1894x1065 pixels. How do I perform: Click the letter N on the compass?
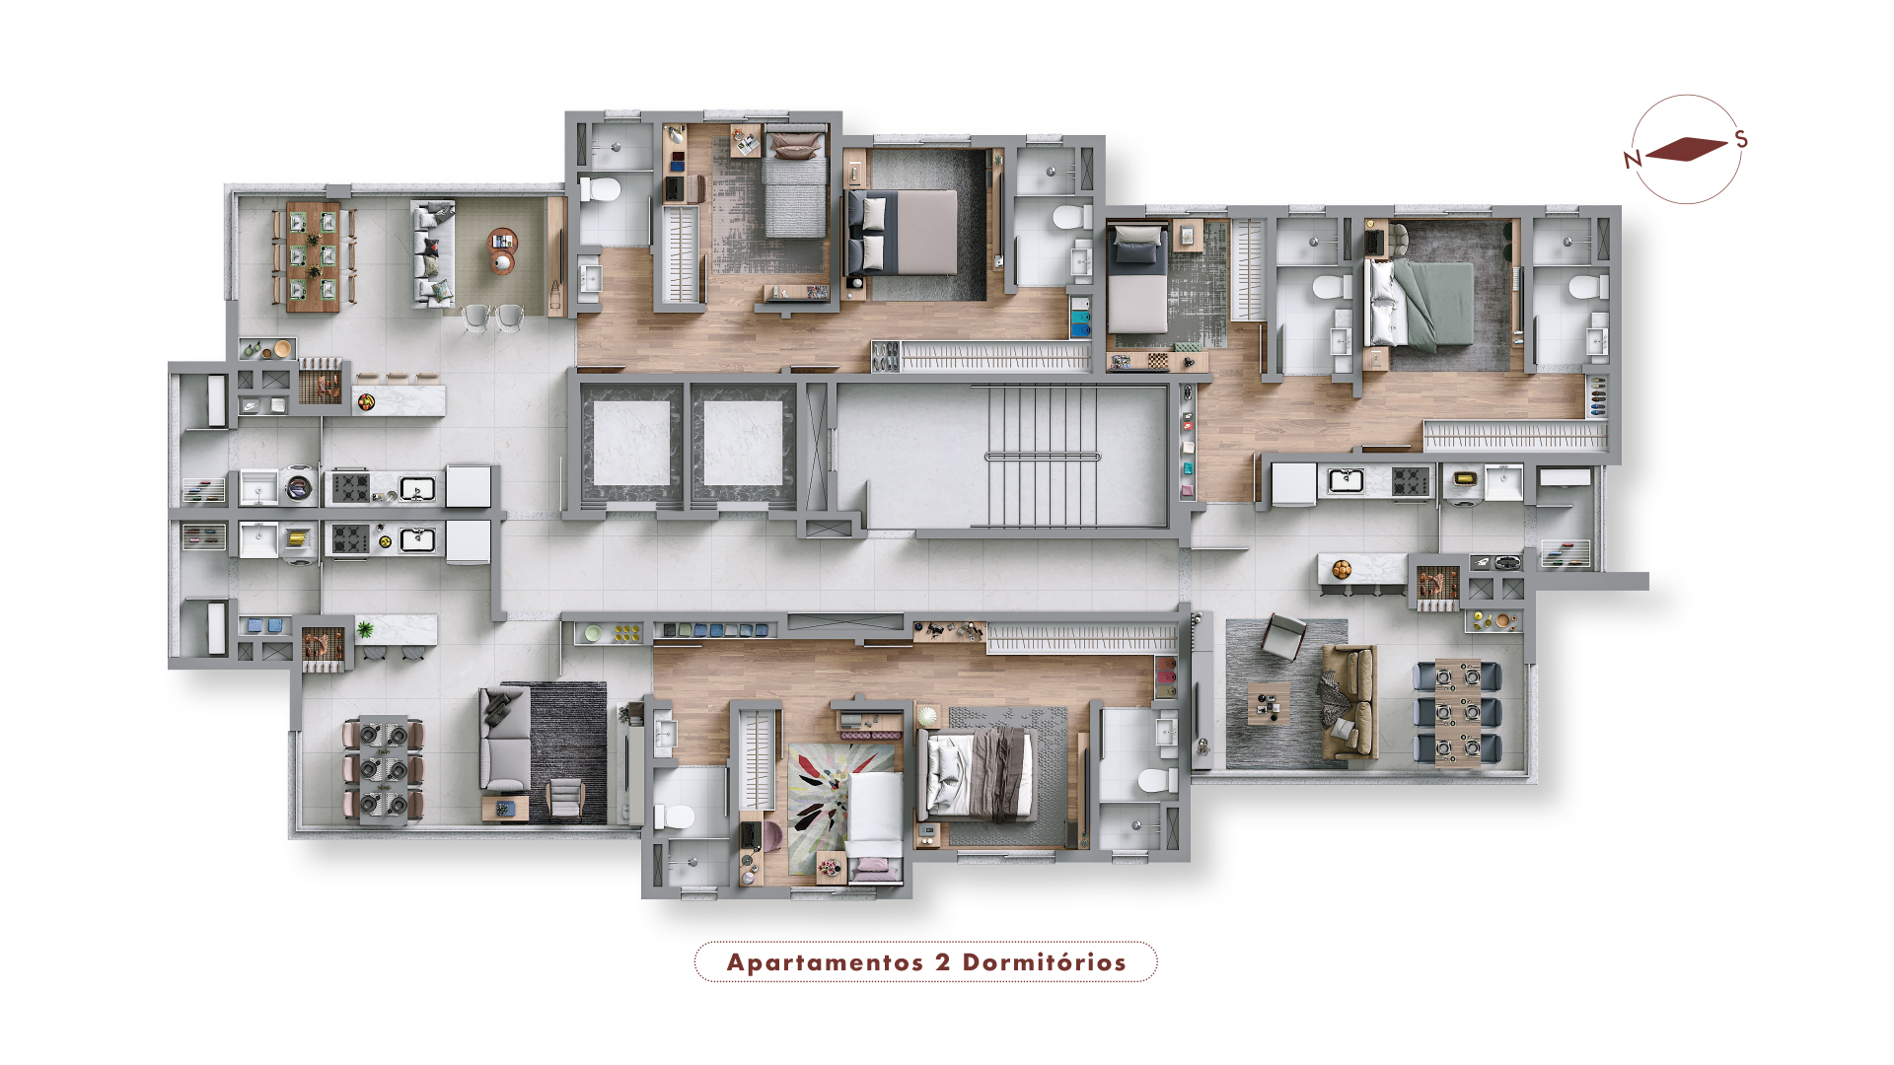1633,159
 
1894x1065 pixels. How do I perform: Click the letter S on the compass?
1741,139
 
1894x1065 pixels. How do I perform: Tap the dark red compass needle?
1687,149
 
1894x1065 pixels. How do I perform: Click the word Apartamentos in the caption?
825,962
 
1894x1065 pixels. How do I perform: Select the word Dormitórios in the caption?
1045,962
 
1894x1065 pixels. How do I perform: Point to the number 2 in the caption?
943,962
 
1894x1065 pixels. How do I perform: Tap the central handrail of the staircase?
1043,457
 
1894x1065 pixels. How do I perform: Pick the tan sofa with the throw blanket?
1349,702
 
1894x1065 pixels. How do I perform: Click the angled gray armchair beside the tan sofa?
1283,636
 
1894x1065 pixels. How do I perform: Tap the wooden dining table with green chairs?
314,256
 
